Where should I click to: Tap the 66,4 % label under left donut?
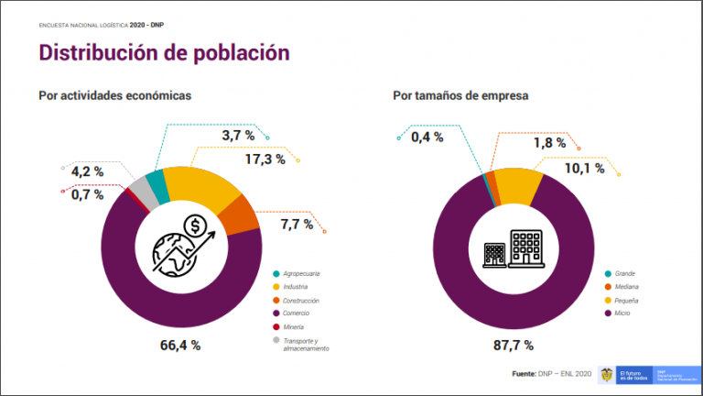(x=179, y=346)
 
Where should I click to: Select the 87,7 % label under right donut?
(x=514, y=346)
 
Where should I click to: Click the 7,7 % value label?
(x=297, y=224)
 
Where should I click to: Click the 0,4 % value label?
(x=427, y=137)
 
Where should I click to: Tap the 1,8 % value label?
(x=549, y=143)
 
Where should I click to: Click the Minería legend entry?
(x=294, y=326)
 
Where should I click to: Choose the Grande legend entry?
(x=624, y=274)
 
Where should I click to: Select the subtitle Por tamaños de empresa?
(x=461, y=95)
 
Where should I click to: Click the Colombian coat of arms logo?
(x=605, y=374)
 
